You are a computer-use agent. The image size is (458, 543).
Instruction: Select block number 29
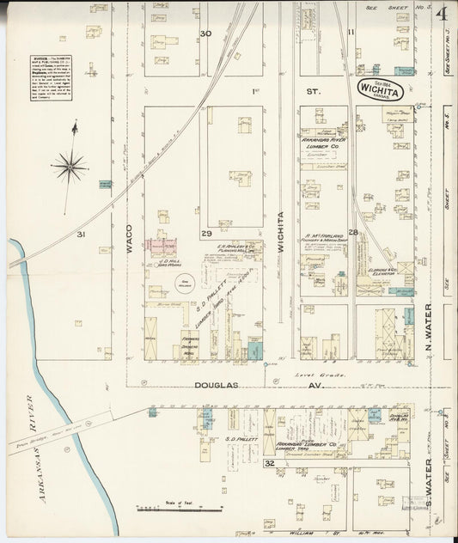pyautogui.click(x=206, y=234)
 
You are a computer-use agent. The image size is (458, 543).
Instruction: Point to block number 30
pyautogui.click(x=205, y=34)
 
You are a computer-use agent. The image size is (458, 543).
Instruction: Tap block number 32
pyautogui.click(x=269, y=464)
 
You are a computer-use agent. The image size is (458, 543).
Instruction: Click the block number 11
pyautogui.click(x=351, y=34)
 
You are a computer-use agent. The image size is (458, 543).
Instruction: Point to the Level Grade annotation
pyautogui.click(x=326, y=375)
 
